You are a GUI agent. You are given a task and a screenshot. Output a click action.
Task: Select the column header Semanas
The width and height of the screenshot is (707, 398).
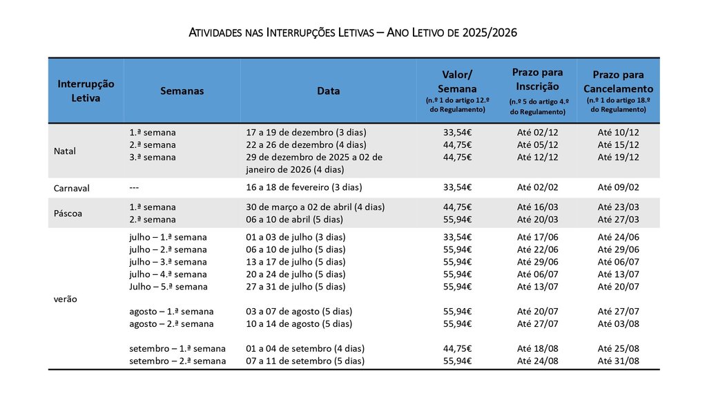coord(182,91)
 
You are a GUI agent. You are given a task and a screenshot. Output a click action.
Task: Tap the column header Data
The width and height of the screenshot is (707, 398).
coord(328,91)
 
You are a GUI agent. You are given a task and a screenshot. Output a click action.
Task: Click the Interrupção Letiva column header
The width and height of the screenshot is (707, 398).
coord(86,91)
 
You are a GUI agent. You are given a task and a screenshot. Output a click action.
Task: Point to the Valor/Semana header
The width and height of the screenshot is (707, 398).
coord(457,82)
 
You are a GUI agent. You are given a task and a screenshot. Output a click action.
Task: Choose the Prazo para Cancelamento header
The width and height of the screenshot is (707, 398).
coord(618,82)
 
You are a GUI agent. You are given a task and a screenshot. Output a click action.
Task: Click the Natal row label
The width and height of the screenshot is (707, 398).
coord(64,151)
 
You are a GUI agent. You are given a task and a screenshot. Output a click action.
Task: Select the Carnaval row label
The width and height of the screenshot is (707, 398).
coord(72,188)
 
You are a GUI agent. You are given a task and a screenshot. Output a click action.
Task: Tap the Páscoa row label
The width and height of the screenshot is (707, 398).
coord(68,214)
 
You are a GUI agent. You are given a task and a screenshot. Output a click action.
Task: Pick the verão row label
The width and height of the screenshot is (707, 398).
coord(65,299)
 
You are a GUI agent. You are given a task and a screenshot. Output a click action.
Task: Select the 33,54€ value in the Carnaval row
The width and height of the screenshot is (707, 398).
coord(457,187)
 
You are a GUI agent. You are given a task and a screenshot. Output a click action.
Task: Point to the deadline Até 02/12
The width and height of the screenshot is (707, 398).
coord(537,132)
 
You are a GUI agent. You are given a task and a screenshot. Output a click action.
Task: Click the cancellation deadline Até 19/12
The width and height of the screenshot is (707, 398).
coord(618,157)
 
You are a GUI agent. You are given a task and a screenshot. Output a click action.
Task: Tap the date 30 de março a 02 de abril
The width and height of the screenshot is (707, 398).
coord(316,207)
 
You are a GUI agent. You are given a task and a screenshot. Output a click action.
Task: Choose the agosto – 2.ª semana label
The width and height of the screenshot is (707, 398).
coord(171,324)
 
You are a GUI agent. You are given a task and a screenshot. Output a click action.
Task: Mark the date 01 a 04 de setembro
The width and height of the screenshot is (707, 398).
coord(305,348)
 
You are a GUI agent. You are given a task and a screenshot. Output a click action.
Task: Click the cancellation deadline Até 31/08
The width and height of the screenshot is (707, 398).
coord(618,361)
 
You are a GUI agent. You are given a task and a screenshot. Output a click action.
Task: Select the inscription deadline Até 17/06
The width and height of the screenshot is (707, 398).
coord(537,237)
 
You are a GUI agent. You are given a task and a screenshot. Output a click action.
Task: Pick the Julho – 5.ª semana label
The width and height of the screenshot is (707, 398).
coord(168,287)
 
